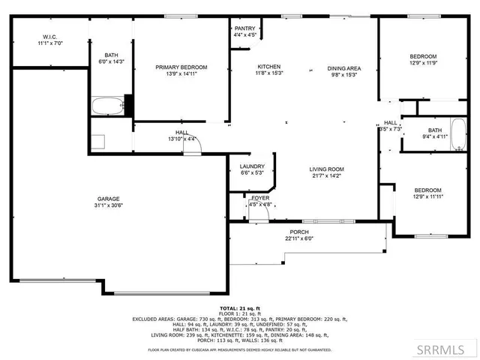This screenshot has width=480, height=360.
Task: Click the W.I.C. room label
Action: point(50,37)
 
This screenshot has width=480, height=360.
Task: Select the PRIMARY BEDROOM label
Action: point(181,67)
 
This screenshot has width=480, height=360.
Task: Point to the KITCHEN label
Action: point(269,67)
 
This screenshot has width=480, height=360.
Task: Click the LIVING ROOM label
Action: point(326,169)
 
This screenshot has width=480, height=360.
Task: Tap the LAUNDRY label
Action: point(251,166)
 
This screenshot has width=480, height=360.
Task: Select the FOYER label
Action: point(260,198)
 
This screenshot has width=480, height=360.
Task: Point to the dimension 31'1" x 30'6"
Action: point(109,205)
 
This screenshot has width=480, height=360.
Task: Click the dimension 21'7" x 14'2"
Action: point(326,175)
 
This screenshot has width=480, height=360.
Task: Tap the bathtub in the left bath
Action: point(106,106)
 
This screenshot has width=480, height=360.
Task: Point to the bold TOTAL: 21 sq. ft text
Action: point(239,308)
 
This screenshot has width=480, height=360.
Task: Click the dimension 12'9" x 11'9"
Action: point(424,64)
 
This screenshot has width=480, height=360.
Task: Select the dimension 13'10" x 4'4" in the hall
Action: point(181,139)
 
